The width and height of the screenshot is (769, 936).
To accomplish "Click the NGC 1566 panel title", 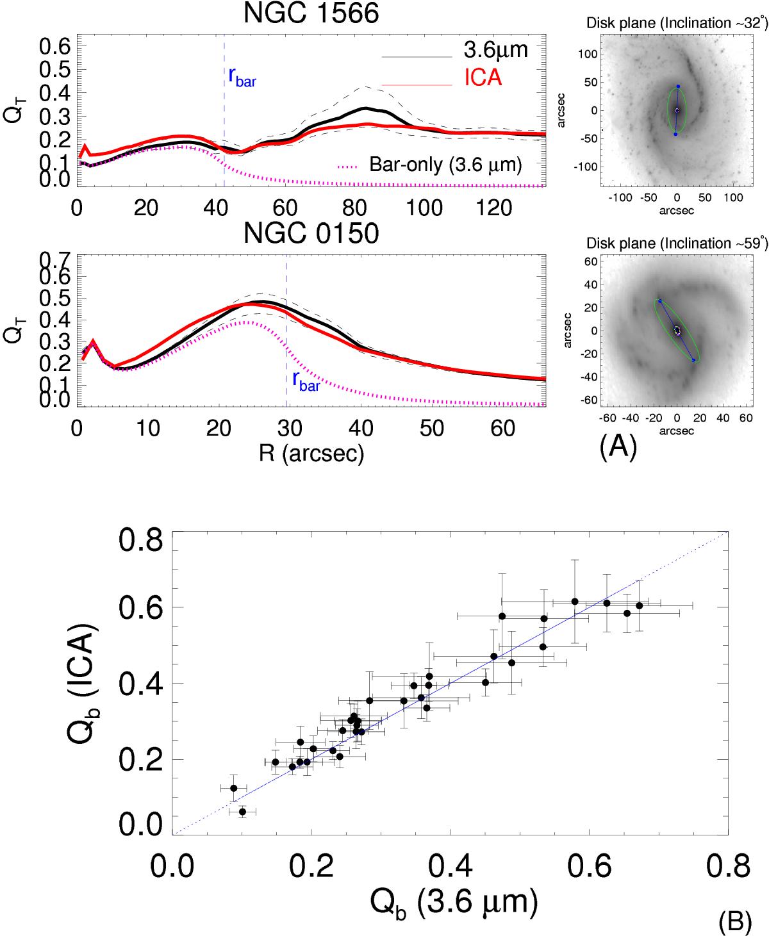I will point(311,13).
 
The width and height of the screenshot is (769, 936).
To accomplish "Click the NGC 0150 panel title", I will point(311,234).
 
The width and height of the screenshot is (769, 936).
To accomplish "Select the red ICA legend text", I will point(483,78).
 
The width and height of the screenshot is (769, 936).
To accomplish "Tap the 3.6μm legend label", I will point(495,49).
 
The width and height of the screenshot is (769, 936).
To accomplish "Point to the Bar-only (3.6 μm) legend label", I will point(445,165).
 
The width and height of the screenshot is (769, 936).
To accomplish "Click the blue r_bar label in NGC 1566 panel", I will point(242,77).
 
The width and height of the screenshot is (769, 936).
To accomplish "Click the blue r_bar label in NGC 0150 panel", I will point(304,381).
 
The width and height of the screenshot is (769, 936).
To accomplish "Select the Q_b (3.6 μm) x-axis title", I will point(453,902).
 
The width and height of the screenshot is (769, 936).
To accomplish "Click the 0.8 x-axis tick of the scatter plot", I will point(727,866).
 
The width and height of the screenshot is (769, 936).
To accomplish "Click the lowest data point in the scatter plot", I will point(242,812).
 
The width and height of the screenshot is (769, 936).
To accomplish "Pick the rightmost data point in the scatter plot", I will point(639,605).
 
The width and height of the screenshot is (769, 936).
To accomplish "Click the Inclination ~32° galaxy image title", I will point(677,24).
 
